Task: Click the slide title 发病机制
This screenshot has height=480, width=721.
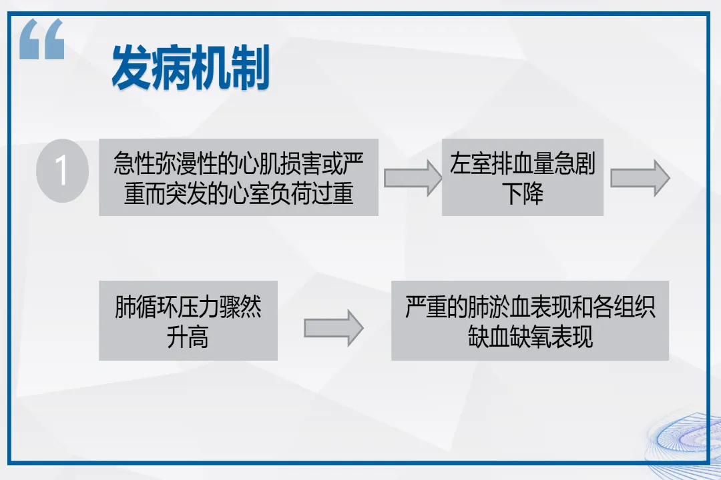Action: coord(190,68)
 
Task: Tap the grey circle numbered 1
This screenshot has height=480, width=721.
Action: coord(62,171)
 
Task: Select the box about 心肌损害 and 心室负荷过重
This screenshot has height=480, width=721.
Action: coord(238,177)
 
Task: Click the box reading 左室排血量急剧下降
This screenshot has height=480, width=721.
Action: coord(522,177)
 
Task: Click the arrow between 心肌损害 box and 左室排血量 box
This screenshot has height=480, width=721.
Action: coord(412,177)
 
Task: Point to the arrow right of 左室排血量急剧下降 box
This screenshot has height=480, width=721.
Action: coord(640,177)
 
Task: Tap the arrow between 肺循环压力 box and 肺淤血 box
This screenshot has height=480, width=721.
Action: coord(333,328)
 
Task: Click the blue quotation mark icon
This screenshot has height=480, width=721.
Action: coord(41,39)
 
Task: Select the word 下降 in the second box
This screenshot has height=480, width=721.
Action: coord(523,193)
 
